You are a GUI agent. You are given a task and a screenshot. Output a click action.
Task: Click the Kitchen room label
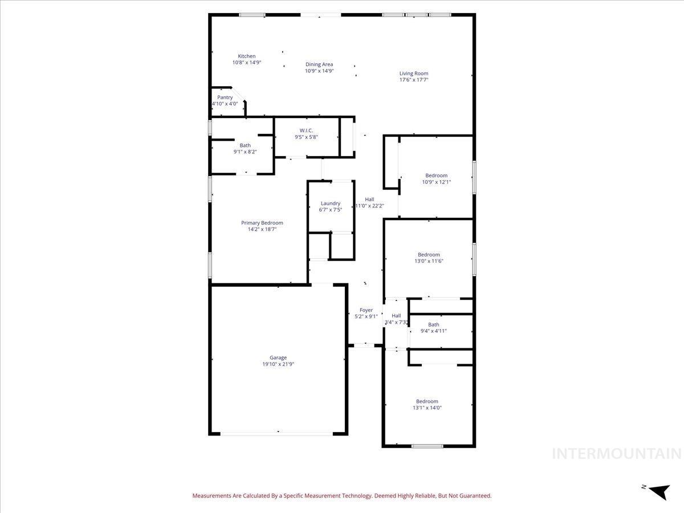(247, 56)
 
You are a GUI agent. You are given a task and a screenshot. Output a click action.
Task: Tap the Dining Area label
(319, 64)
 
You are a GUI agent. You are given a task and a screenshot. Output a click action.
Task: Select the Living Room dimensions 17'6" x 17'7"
(413, 80)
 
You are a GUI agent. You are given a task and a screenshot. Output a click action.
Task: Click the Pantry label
(225, 97)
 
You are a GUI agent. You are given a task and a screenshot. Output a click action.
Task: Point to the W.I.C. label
(306, 131)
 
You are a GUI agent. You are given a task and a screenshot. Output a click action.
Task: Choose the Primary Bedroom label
(262, 223)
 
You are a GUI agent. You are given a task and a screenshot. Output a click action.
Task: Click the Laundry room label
(331, 203)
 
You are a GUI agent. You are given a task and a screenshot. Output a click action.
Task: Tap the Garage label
(278, 357)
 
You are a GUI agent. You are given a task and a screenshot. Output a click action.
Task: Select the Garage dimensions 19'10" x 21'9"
(278, 364)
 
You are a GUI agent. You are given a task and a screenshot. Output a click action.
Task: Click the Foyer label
(366, 310)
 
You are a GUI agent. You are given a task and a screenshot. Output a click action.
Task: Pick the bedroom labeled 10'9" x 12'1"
(436, 176)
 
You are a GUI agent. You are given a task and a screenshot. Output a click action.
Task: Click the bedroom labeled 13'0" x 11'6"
(429, 255)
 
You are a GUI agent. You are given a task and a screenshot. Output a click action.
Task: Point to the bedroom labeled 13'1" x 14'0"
(427, 401)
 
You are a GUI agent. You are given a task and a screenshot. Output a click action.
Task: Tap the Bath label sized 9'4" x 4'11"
(434, 325)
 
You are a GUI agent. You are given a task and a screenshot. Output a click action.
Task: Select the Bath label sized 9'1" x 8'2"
(245, 145)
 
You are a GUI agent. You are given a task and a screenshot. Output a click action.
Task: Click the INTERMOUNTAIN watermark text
(617, 454)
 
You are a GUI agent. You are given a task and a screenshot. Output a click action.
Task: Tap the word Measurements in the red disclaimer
(213, 496)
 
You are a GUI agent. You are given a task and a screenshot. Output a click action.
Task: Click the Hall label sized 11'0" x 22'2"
(369, 199)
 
